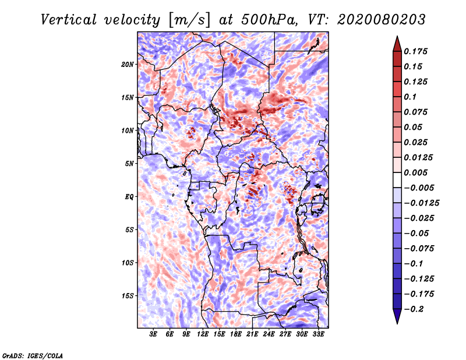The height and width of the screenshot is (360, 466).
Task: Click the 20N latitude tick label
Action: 127,65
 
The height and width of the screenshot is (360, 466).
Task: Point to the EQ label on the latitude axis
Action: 129,197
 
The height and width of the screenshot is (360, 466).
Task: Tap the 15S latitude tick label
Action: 128,296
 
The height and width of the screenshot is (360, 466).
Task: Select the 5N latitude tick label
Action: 129,164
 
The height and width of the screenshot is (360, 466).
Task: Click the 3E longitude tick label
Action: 153,334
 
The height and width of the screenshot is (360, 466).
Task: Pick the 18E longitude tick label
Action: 236,334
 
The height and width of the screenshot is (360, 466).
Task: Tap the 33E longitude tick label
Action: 318,334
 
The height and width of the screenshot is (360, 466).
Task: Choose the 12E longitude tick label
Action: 203,334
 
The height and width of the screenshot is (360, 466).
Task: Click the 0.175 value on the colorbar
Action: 415,51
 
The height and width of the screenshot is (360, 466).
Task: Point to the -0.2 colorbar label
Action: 414,309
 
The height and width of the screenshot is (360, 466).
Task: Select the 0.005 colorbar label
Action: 415,172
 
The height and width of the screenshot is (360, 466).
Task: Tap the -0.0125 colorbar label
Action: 421,203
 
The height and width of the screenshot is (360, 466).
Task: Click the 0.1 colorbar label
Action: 410,97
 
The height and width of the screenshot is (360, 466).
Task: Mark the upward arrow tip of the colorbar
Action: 397,36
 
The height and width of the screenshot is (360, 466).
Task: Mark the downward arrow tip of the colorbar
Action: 397,323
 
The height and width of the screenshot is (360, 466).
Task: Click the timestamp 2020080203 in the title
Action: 381,20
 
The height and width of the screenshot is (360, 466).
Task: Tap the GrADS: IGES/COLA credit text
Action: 33,355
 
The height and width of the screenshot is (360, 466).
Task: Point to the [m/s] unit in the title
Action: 189,20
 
